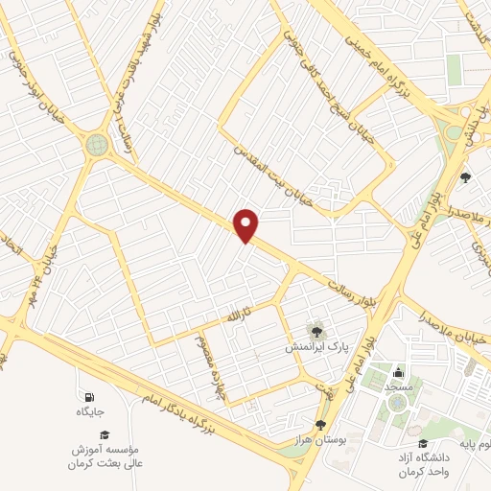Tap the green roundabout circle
97,145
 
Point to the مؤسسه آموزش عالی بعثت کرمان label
105,456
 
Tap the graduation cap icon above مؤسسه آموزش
104,433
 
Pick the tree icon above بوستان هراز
321,423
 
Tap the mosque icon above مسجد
398,372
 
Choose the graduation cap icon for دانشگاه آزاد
423,443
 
